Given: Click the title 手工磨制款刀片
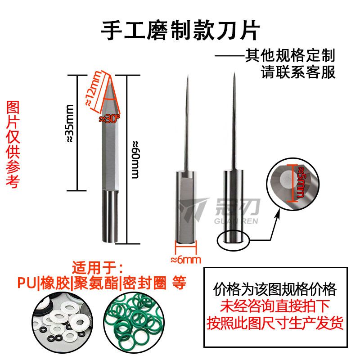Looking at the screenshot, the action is [x=180, y=31].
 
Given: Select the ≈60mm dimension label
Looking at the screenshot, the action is [x=135, y=160].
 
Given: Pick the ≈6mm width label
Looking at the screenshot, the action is [x=186, y=260].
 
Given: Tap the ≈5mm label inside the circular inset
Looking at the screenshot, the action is [x=301, y=182].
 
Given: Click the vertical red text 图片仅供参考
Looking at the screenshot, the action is [x=13, y=144].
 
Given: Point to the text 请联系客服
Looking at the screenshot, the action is [x=298, y=72].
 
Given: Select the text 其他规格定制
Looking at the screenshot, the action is [x=290, y=55].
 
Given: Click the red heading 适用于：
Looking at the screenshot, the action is [x=97, y=267].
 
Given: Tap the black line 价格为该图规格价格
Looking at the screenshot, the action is [x=275, y=290].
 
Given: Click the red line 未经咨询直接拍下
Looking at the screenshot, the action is [x=275, y=306].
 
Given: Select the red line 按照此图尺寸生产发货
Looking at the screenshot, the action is [x=275, y=323].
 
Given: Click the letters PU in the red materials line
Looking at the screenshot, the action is [x=27, y=283].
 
